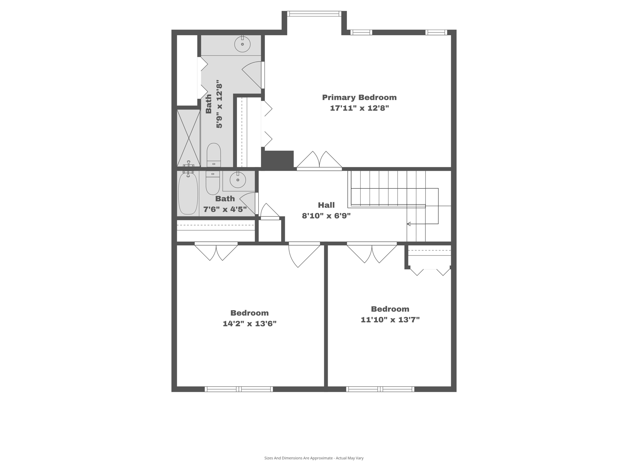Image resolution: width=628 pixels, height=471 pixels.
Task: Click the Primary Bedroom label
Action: [x=359, y=98]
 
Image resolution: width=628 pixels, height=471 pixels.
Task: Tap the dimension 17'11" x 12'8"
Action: [x=359, y=108]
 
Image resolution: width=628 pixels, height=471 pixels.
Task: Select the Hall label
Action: [x=326, y=205]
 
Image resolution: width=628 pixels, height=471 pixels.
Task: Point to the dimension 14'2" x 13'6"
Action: [x=249, y=324]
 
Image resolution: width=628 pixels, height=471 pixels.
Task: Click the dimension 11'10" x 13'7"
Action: [x=390, y=320]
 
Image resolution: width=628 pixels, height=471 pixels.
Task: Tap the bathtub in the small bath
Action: [x=188, y=194]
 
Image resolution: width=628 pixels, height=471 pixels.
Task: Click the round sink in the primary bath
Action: [x=242, y=44]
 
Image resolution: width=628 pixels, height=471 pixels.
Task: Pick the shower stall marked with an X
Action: [x=188, y=138]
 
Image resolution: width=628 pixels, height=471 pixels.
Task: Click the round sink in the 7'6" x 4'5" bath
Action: [x=238, y=180]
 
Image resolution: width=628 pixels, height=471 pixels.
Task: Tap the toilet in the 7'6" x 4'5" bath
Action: [x=213, y=183]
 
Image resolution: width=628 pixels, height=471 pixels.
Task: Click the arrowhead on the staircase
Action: [x=409, y=224]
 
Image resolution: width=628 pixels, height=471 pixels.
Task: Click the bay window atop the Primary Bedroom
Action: [x=314, y=14]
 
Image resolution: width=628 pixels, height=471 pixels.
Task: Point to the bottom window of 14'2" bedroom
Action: [x=239, y=389]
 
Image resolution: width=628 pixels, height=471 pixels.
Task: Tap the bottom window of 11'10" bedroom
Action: [x=380, y=389]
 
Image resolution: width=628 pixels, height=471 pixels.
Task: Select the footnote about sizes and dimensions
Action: [x=314, y=458]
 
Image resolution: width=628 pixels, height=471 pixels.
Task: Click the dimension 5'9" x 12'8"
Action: [x=219, y=104]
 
